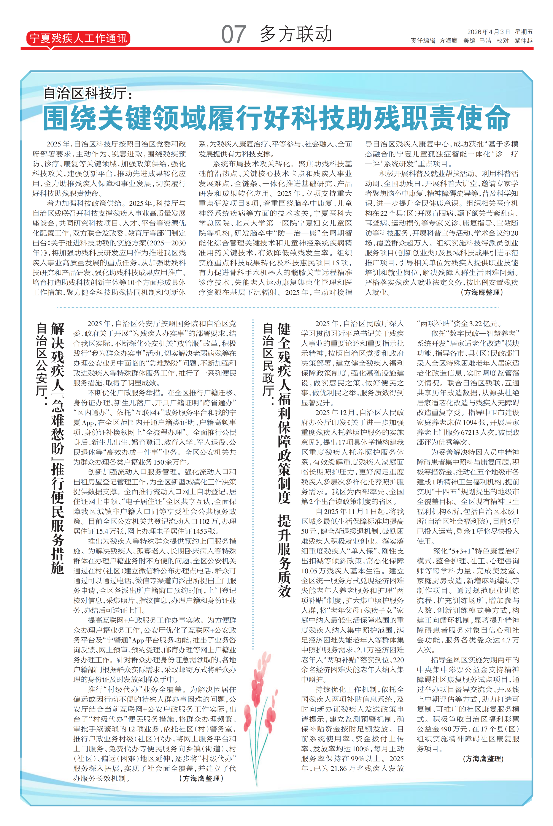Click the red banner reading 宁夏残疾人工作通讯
78,38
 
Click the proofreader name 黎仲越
523,41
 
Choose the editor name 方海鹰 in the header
448,41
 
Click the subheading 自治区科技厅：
88,93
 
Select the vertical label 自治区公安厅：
42,365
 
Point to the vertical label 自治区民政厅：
269,365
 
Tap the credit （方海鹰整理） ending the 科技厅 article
482,292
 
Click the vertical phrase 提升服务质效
284,556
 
